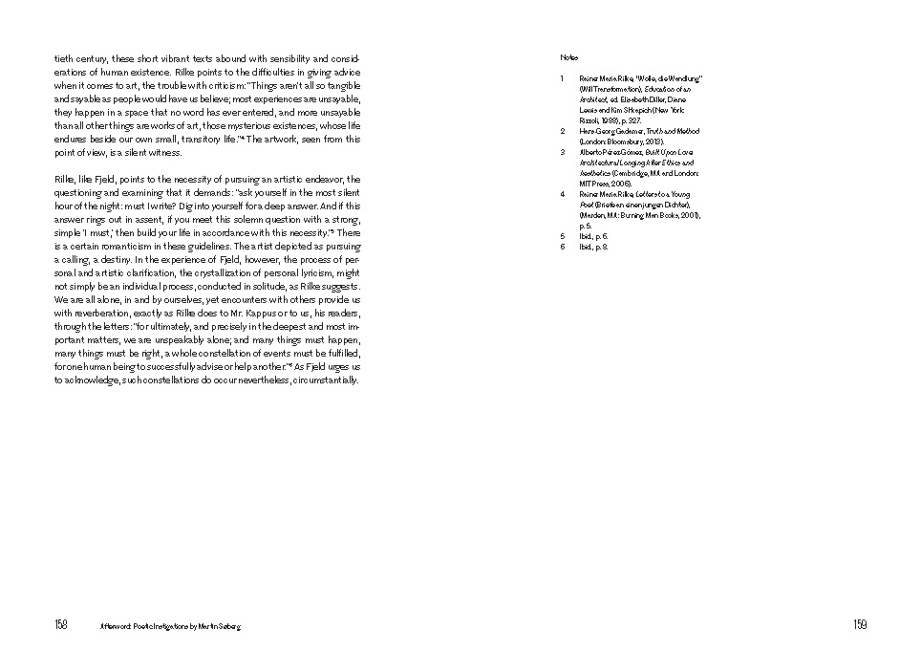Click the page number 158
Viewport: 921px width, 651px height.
click(x=61, y=625)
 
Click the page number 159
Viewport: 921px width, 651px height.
click(x=860, y=625)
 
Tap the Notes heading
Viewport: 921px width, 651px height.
click(x=568, y=58)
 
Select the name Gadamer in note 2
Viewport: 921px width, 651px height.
click(x=626, y=131)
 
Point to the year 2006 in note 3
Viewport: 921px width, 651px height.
click(x=622, y=184)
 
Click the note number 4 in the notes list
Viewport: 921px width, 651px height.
click(x=563, y=194)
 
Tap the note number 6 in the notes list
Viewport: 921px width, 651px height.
click(x=563, y=247)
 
